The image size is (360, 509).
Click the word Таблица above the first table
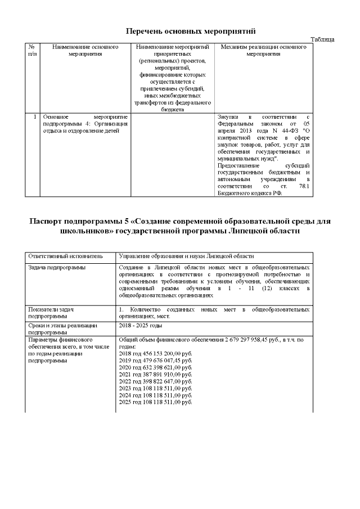322,39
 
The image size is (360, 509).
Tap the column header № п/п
32,51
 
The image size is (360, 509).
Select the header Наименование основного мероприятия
85,51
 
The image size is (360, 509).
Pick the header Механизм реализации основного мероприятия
263,51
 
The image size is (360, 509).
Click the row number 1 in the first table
35,117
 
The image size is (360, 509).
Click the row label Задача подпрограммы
57,267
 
